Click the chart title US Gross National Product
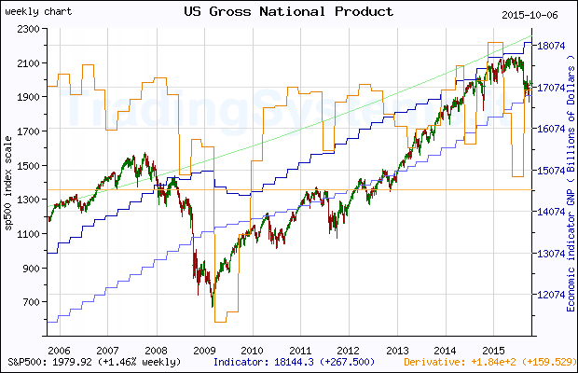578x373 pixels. pyautogui.click(x=288, y=11)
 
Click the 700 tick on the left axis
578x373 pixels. pyautogui.click(x=29, y=302)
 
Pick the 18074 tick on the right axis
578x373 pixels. pyautogui.click(x=551, y=46)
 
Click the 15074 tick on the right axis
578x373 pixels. pyautogui.click(x=551, y=171)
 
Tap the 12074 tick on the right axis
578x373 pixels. pyautogui.click(x=551, y=295)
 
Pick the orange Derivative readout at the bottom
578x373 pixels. pyautogui.click(x=488, y=361)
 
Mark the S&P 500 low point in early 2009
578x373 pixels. pyautogui.click(x=213, y=306)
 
